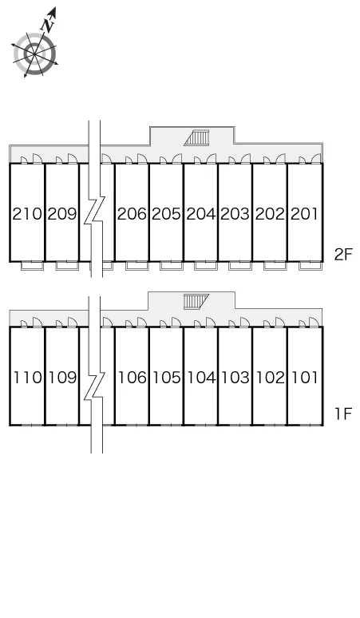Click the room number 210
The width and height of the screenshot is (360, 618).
[x=27, y=214]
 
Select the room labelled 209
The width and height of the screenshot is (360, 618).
[x=62, y=214]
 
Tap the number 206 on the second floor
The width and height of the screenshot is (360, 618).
[x=132, y=214]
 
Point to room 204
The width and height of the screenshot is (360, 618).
[x=201, y=214]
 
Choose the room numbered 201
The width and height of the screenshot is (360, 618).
[x=304, y=214]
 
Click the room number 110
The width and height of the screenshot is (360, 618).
[x=28, y=378]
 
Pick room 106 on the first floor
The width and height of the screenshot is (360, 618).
[x=133, y=378]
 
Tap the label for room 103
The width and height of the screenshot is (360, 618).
[x=235, y=378]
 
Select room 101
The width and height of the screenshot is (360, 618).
[x=304, y=378]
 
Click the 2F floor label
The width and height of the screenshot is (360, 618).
[x=342, y=255]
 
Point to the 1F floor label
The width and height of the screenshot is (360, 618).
[x=342, y=414]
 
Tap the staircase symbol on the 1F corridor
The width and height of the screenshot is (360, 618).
[x=196, y=302]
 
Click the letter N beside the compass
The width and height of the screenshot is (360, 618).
[x=48, y=26]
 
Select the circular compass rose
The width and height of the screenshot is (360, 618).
[x=34, y=53]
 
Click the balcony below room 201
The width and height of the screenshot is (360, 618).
[x=311, y=266]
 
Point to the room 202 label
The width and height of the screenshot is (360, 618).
[x=270, y=214]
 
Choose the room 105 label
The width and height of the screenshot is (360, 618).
[x=167, y=378]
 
